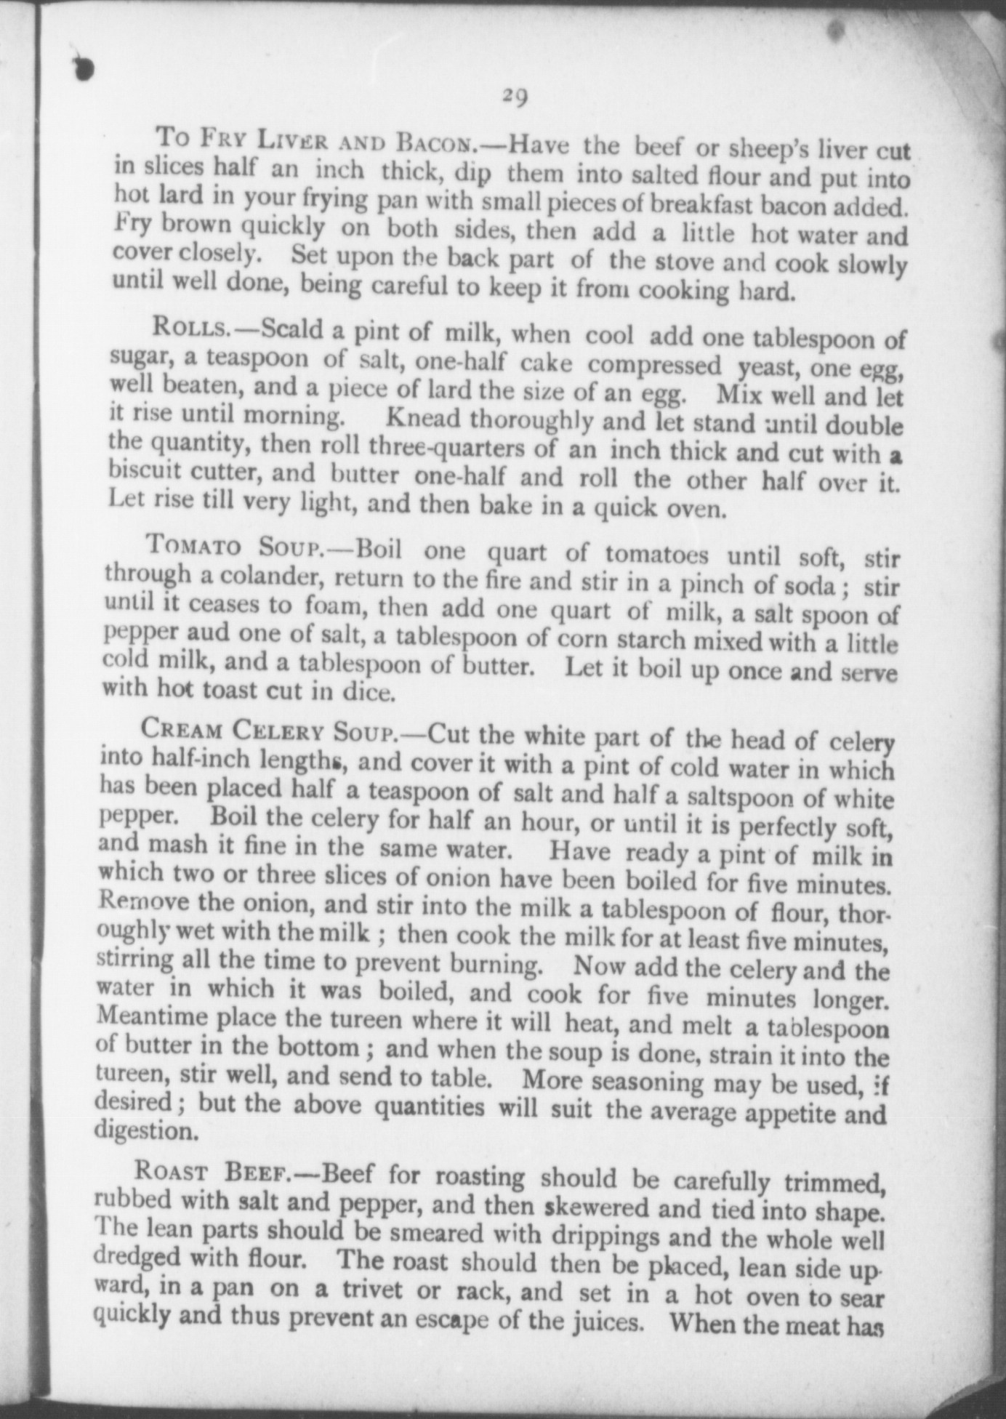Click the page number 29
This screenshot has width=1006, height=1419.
click(x=514, y=97)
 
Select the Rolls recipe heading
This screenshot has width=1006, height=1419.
click(x=191, y=329)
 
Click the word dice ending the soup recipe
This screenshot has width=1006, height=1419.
click(x=367, y=692)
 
